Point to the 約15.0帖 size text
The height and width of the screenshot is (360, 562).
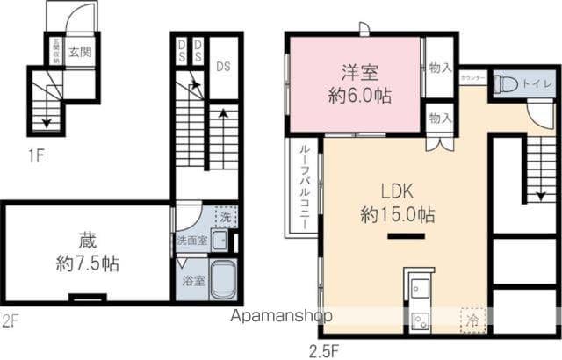pyautogui.click(x=397, y=214)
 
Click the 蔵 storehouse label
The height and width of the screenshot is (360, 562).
pyautogui.click(x=84, y=239)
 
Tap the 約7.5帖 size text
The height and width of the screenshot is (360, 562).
pyautogui.click(x=84, y=262)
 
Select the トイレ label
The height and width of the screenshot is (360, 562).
pyautogui.click(x=530, y=85)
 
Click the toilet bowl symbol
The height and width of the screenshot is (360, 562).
pyautogui.click(x=504, y=85)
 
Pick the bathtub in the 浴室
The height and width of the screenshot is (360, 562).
pyautogui.click(x=223, y=280)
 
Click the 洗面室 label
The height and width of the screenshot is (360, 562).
pyautogui.click(x=191, y=240)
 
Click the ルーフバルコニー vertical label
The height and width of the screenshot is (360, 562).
pyautogui.click(x=303, y=187)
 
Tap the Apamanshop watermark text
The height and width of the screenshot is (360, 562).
pyautogui.click(x=281, y=317)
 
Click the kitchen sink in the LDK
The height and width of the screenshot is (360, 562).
pyautogui.click(x=417, y=285)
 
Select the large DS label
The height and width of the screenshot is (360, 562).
pyautogui.click(x=224, y=66)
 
